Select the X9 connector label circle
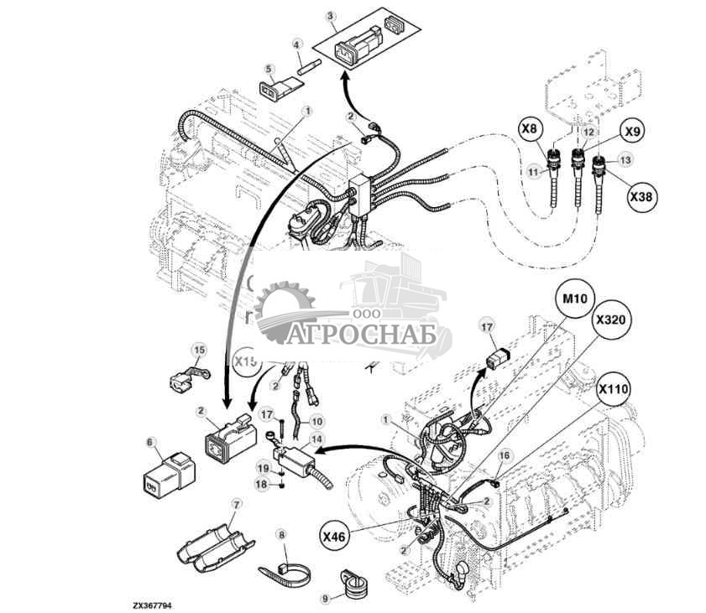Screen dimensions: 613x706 click(634, 132)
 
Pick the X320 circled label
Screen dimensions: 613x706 click(611, 320)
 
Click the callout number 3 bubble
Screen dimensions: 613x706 click(331, 16)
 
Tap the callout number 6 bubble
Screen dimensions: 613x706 click(150, 441)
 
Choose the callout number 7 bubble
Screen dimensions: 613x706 click(237, 504)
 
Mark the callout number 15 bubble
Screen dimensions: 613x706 click(198, 349)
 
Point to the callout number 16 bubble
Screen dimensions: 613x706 click(504, 455)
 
